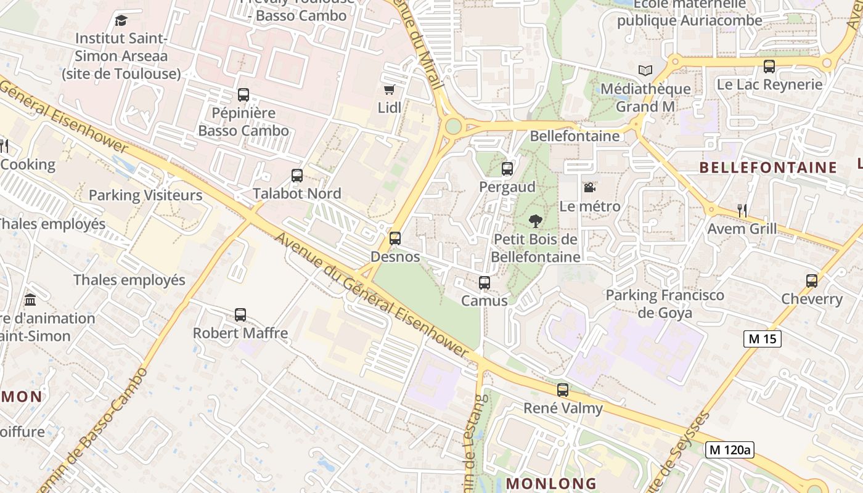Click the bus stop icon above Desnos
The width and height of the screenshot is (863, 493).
(395, 238)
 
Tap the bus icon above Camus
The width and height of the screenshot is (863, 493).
(485, 283)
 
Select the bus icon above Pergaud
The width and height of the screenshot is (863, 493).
(507, 169)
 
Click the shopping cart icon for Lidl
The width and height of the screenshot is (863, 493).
(389, 90)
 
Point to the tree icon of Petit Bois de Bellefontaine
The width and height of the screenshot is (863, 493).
(535, 221)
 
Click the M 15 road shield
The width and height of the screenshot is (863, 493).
(763, 338)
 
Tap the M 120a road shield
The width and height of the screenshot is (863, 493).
(730, 450)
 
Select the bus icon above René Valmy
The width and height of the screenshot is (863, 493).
(563, 390)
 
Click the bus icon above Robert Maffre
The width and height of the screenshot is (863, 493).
(240, 315)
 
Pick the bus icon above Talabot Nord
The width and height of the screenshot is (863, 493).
(297, 176)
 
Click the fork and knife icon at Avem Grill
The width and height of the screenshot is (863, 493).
(742, 211)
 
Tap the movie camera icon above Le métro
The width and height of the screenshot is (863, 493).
(589, 187)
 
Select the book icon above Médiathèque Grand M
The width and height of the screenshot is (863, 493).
(645, 71)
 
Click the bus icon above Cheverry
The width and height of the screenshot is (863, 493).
(812, 281)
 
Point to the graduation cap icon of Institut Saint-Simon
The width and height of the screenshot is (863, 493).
(121, 20)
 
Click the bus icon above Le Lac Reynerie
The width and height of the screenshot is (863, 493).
(769, 67)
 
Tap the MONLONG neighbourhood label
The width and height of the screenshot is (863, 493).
(551, 483)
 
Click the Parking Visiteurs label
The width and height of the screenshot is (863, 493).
(145, 195)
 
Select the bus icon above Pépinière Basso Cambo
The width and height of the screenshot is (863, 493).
(243, 95)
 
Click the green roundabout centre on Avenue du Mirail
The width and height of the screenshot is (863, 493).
(453, 126)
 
